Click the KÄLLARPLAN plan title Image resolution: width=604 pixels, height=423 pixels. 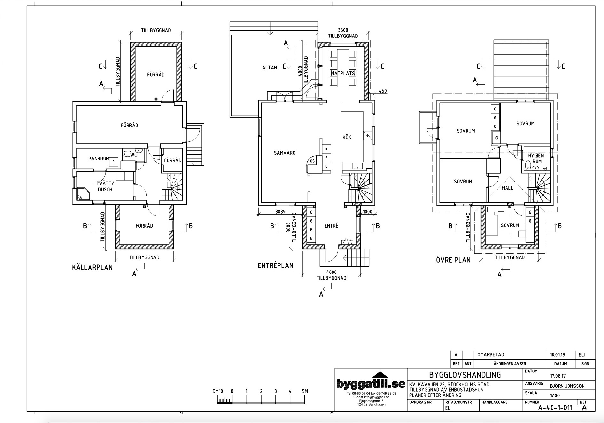[92, 267]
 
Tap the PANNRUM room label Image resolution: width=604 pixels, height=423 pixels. [99, 159]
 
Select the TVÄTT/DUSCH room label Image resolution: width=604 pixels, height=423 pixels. [105, 186]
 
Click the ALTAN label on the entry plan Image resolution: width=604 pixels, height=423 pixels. [270, 68]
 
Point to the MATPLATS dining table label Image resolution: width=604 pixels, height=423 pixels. [343, 73]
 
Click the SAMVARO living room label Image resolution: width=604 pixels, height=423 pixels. [285, 153]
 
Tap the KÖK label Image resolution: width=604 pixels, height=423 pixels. [347, 137]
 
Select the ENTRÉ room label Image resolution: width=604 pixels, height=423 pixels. [331, 226]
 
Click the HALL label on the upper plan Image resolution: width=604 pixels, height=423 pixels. [507, 188]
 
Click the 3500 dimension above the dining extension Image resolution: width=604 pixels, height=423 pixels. [343, 30]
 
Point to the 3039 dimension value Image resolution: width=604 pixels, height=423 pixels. [280, 211]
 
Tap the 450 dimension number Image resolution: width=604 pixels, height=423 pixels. [383, 91]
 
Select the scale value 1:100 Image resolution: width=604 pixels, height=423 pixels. [555, 395]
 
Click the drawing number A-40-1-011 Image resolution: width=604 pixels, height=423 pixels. [555, 408]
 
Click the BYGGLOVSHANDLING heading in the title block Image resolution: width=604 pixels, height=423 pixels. [465, 375]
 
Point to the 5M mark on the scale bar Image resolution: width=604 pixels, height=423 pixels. [305, 391]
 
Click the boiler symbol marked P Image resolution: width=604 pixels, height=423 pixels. [113, 162]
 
